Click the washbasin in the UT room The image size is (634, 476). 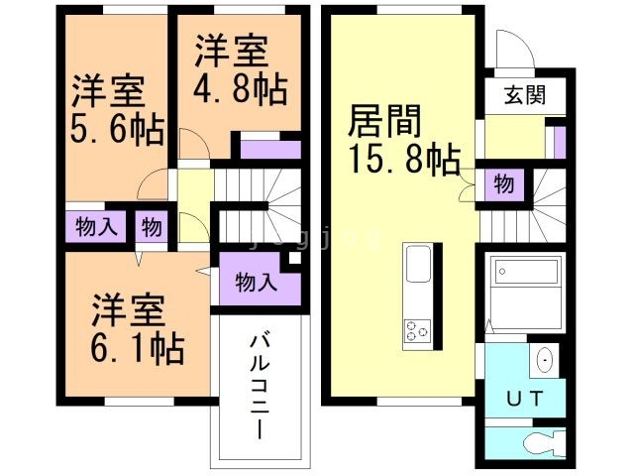pyautogui.click(x=544, y=360)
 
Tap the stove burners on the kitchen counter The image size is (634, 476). pyautogui.click(x=416, y=331)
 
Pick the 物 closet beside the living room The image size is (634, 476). pyautogui.click(x=503, y=183)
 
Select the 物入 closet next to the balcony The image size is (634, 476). pyautogui.click(x=255, y=282)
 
